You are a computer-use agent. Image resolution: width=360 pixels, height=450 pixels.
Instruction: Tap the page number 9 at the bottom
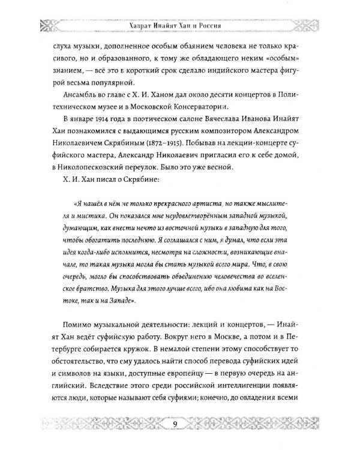click(x=175, y=426)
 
